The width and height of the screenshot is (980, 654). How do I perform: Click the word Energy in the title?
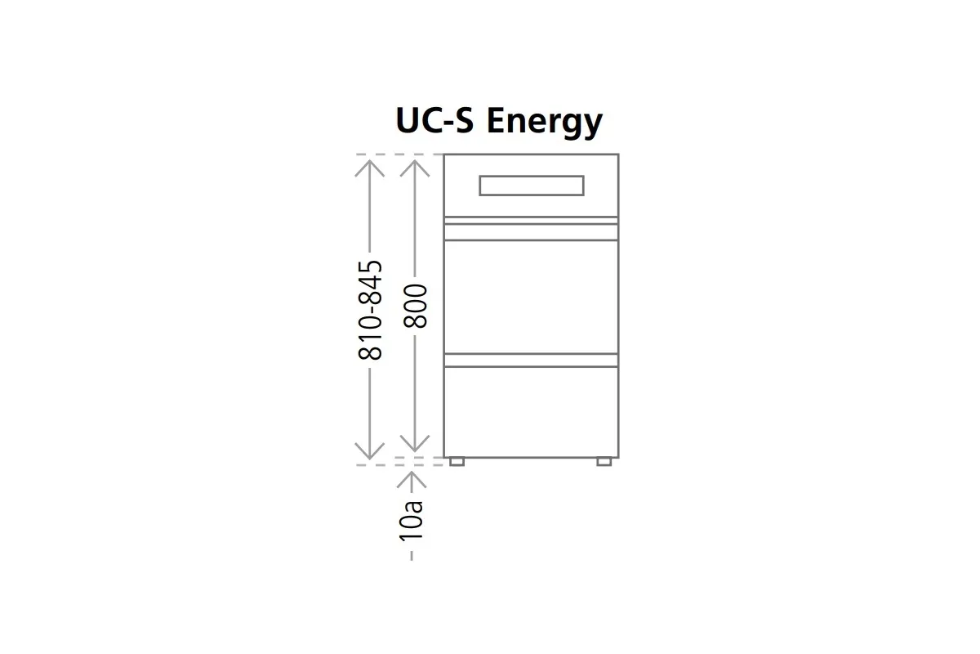pyautogui.click(x=544, y=123)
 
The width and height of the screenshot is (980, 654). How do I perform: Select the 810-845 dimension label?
pyautogui.click(x=370, y=310)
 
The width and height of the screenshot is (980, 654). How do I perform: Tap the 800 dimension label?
pyautogui.click(x=416, y=306)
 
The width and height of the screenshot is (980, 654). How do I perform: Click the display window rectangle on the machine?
pyautogui.click(x=531, y=186)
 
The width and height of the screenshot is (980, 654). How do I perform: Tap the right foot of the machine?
pyautogui.click(x=604, y=462)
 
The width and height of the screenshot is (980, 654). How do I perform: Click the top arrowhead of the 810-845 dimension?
pyautogui.click(x=370, y=165)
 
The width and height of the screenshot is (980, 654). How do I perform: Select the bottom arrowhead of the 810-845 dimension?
pyautogui.click(x=370, y=450)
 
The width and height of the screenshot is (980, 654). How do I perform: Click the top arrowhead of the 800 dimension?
pyautogui.click(x=416, y=165)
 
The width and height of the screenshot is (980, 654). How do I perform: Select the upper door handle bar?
pyautogui.click(x=531, y=221)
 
